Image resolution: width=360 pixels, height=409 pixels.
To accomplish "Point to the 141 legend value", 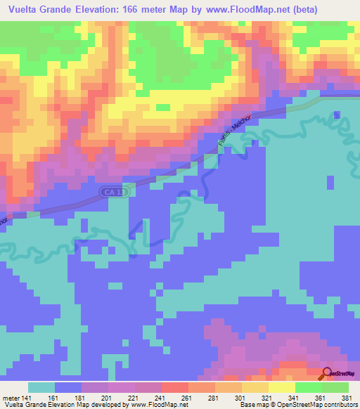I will (x=25, y=397).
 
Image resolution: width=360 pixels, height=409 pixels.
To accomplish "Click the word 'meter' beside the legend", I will (x=8, y=397).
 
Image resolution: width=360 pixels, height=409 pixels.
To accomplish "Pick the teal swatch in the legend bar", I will (x=41, y=387).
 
